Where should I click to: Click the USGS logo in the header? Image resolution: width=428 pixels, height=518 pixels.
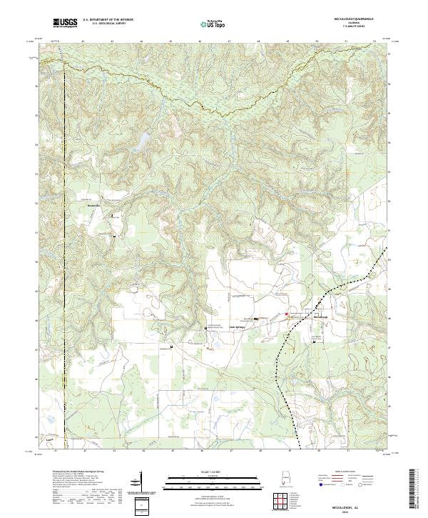(65, 24)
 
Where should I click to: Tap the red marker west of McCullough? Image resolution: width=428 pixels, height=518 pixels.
(287, 314)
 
